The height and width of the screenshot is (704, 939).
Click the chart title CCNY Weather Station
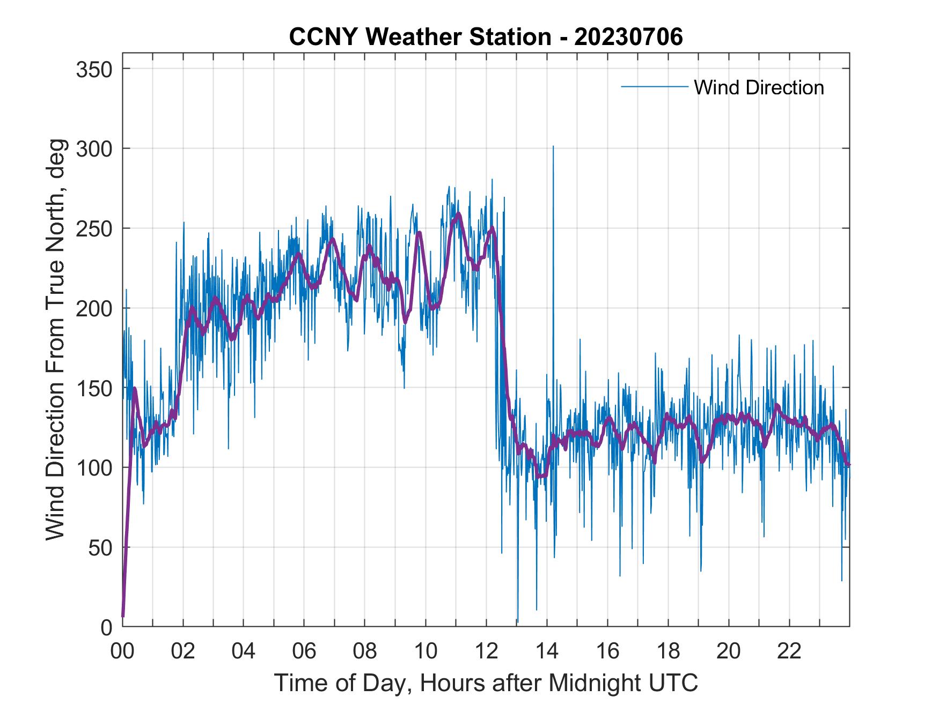pyautogui.click(x=486, y=37)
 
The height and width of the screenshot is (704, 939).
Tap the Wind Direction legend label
pyautogui.click(x=759, y=87)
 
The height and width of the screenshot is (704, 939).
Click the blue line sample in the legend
pyautogui.click(x=654, y=87)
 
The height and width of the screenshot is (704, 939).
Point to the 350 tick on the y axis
pyautogui.click(x=94, y=69)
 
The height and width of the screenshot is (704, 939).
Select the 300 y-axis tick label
pyautogui.click(x=94, y=149)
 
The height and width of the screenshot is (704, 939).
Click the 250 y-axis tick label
pyautogui.click(x=94, y=228)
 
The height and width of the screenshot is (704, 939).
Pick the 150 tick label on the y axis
pyautogui.click(x=94, y=388)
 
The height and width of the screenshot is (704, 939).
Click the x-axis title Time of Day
pyautogui.click(x=486, y=683)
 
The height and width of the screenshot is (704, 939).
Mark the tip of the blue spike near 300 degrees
pyautogui.click(x=553, y=146)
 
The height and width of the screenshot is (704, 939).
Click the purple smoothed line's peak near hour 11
pyautogui.click(x=458, y=214)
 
